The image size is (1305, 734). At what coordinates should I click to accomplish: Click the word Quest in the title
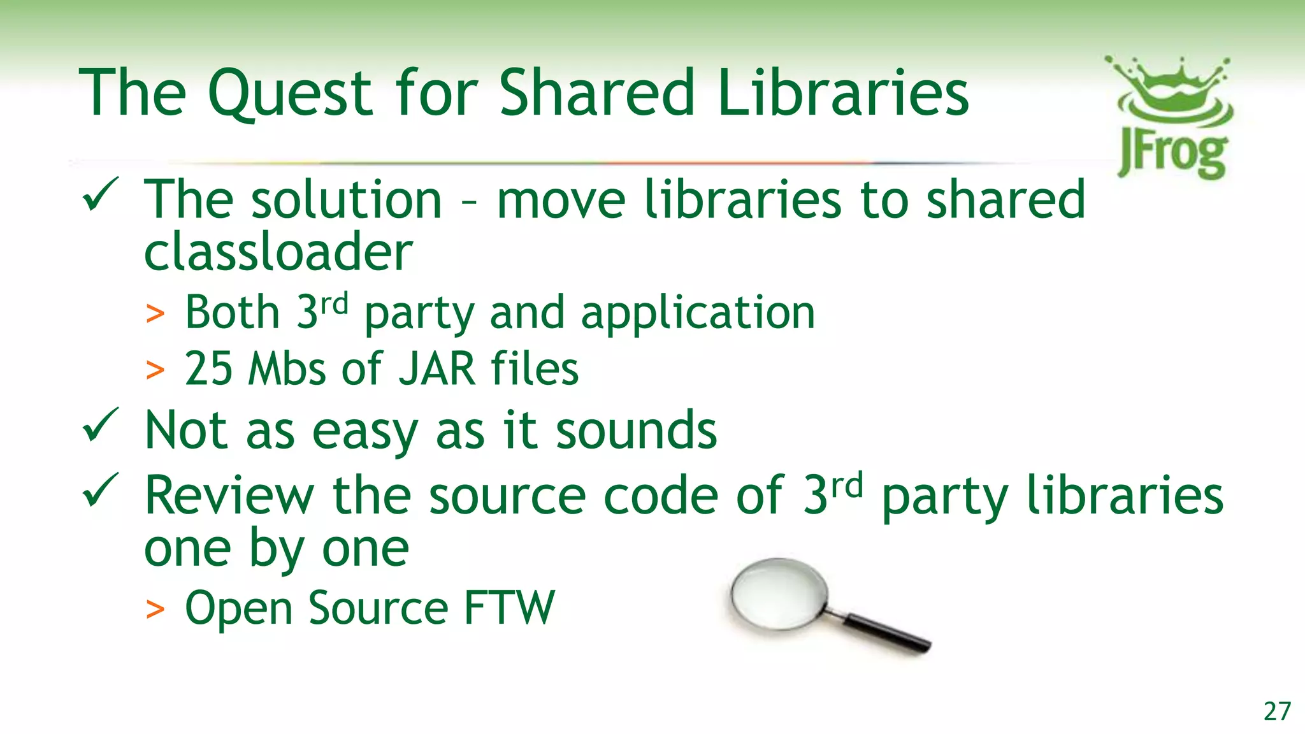tap(290, 94)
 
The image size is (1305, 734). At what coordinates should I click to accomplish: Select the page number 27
tap(1277, 711)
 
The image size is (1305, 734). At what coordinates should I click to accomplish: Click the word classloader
tap(278, 252)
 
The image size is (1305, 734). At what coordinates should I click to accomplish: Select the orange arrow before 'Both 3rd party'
tap(155, 314)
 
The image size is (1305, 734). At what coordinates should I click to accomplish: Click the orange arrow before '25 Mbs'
tap(155, 370)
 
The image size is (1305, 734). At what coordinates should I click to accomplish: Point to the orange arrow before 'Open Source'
tap(155, 609)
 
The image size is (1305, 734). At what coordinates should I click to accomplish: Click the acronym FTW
tap(509, 608)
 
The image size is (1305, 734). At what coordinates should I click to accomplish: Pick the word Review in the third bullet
tap(229, 495)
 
